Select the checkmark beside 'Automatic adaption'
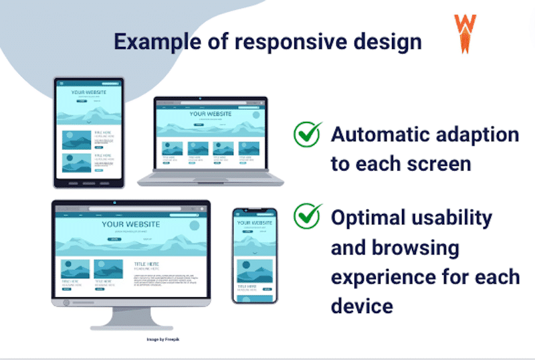point(308,134)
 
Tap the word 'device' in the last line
point(361,306)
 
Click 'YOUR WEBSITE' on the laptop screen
point(211,114)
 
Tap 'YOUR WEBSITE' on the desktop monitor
point(131,223)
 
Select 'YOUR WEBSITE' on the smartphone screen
point(255,223)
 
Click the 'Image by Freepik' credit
point(165,339)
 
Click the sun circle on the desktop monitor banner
point(194,225)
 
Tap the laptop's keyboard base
point(211,179)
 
